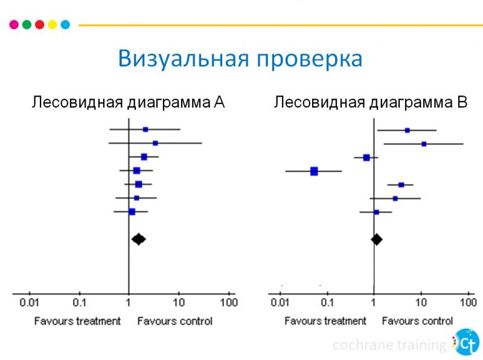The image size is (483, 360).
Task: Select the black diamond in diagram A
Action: pyautogui.click(x=138, y=239)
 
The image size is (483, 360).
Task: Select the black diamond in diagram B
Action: pyautogui.click(x=377, y=239)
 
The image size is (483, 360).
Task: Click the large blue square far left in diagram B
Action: pyautogui.click(x=314, y=172)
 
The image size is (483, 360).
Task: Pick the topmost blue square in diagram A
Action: pyautogui.click(x=146, y=129)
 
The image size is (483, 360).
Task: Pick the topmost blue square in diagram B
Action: pyautogui.click(x=407, y=130)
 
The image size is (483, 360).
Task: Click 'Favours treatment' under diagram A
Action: pyautogui.click(x=77, y=321)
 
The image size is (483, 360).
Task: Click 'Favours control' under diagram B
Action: pyautogui.click(x=417, y=321)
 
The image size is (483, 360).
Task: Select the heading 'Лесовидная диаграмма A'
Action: pyautogui.click(x=128, y=102)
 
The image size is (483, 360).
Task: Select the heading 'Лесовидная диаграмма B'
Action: pyautogui.click(x=371, y=102)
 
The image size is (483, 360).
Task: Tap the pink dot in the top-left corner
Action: pyautogui.click(x=13, y=25)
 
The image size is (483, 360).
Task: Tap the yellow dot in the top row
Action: pyautogui.click(x=53, y=25)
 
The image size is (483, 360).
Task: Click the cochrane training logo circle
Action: pyautogui.click(x=465, y=342)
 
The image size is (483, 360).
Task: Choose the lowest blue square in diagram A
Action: pyautogui.click(x=132, y=212)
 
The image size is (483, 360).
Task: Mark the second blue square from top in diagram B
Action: pyautogui.click(x=424, y=144)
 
